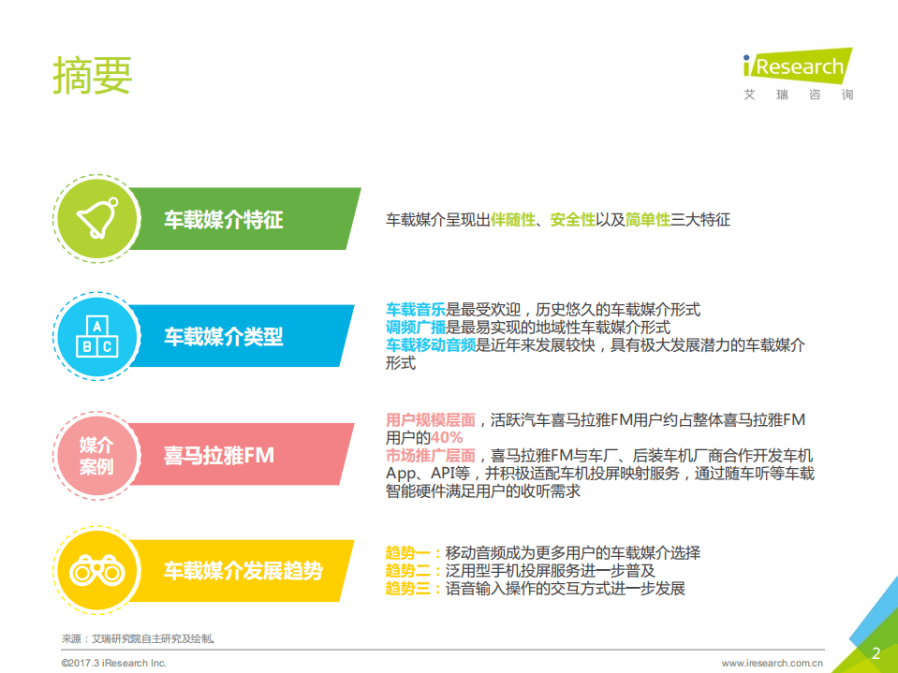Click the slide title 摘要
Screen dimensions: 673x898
pos(93,76)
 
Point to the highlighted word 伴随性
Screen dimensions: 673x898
pos(513,220)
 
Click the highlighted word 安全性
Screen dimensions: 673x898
pos(573,220)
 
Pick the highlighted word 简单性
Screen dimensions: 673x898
pos(648,220)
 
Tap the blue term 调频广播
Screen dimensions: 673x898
pos(416,328)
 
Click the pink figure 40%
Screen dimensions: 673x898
pos(447,437)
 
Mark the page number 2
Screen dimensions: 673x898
pos(876,652)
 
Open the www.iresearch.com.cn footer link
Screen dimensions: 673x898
pos(772,662)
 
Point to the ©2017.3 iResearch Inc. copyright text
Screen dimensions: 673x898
pos(114,662)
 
